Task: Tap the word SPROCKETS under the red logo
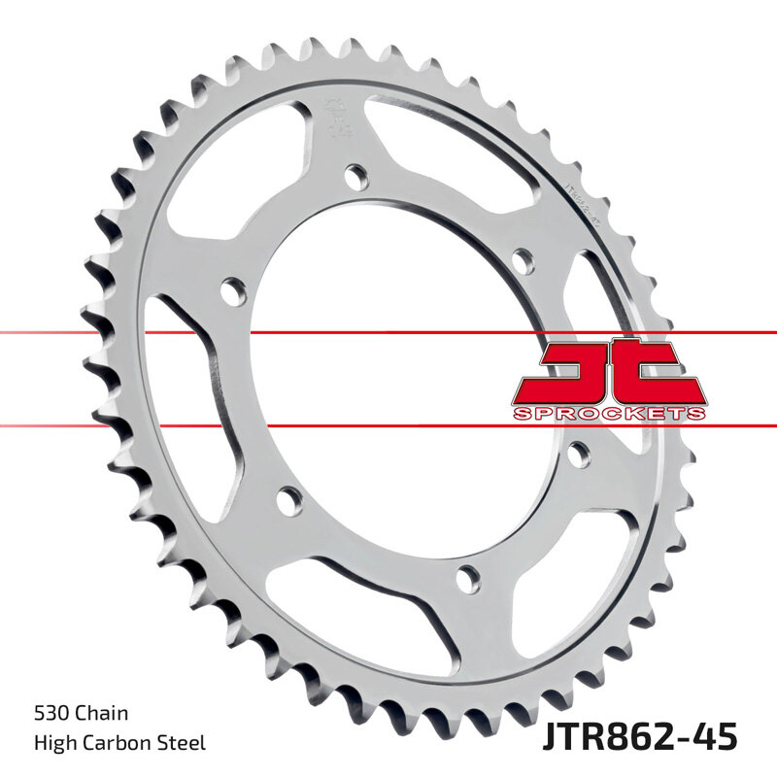pos(609,414)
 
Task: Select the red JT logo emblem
pos(609,374)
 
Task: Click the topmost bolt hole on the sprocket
pos(357,177)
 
